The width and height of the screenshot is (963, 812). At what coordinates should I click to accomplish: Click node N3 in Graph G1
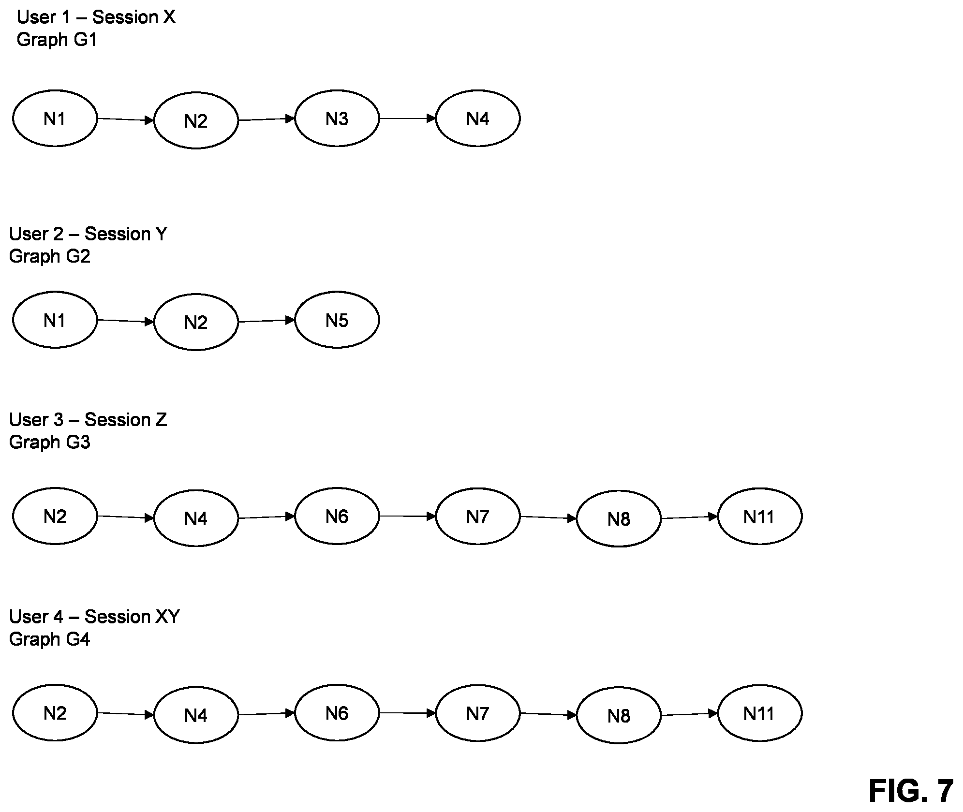click(x=337, y=118)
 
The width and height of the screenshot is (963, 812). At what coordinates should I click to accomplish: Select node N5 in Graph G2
click(x=337, y=320)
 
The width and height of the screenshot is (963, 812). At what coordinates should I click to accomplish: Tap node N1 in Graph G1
click(x=55, y=118)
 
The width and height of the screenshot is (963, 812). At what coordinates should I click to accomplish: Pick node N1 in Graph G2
click(x=55, y=320)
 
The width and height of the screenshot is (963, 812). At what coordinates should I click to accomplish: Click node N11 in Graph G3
click(x=760, y=517)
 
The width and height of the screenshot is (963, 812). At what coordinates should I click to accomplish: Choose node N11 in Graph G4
click(x=760, y=713)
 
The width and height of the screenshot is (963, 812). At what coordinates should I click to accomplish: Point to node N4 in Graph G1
click(x=478, y=118)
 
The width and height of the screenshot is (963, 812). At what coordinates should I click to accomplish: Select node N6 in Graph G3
click(x=337, y=517)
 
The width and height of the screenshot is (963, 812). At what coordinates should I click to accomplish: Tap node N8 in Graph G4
click(x=619, y=716)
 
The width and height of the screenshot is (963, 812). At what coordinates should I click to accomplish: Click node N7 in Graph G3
click(x=478, y=517)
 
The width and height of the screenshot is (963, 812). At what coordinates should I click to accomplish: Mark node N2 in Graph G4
click(x=55, y=713)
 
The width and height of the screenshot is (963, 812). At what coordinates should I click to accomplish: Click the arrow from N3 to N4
click(x=408, y=118)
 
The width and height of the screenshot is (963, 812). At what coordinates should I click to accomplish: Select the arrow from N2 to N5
click(x=267, y=321)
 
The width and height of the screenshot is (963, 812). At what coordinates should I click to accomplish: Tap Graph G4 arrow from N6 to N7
click(x=408, y=713)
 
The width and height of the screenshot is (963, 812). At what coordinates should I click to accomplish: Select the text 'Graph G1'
click(x=57, y=40)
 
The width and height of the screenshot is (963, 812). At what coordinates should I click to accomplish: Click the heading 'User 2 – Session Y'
click(x=88, y=234)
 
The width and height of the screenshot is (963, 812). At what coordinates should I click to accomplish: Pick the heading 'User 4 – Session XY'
click(x=94, y=617)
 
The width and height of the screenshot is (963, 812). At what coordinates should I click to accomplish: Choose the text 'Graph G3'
click(x=50, y=443)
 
